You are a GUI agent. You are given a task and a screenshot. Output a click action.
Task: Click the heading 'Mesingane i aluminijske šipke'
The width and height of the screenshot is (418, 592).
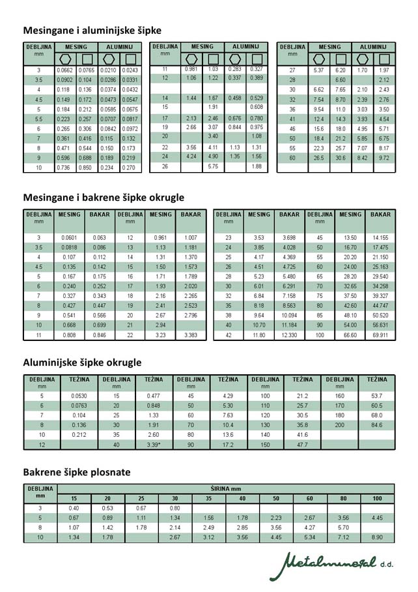point(92,30)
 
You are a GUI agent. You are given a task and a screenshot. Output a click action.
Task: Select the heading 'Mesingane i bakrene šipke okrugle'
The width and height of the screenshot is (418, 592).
point(104,197)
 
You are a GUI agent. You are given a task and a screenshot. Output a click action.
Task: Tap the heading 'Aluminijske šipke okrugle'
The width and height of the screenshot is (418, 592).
point(82,362)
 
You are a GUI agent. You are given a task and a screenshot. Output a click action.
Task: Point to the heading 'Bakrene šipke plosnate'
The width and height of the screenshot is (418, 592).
point(77,471)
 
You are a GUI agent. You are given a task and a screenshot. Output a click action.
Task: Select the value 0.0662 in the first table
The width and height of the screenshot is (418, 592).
point(65,70)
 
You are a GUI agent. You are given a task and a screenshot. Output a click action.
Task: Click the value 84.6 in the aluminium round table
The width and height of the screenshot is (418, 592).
point(376,424)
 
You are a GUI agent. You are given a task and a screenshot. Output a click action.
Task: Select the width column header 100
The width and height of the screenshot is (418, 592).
point(378,499)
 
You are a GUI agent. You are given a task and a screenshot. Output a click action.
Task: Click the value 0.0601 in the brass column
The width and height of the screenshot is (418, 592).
point(69,238)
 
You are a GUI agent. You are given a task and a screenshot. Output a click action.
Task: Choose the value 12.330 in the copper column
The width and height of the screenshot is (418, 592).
point(289,335)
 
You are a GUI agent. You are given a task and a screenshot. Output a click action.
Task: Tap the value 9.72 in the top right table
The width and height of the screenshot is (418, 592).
point(384,158)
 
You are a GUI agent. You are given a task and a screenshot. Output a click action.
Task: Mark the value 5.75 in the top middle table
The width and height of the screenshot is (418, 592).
point(212,167)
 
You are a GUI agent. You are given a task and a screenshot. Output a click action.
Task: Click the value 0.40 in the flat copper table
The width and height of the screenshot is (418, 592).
point(74,508)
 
